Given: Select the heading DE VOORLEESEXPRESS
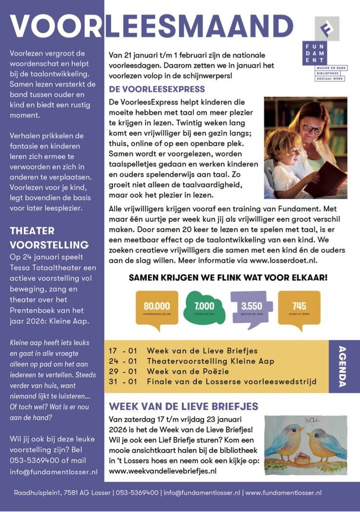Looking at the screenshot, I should coord(157,90).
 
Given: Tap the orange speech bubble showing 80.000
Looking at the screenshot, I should coord(157,307).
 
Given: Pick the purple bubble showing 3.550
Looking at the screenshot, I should coord(251,307).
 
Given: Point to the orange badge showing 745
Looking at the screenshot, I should coord(299,307).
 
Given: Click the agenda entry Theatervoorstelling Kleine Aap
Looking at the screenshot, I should coord(210,361).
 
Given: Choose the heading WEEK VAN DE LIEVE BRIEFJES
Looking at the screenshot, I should coord(183,406).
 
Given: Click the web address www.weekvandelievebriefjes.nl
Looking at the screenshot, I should coord(163,471).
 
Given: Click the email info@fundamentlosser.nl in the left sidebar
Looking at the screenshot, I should coord(54,472).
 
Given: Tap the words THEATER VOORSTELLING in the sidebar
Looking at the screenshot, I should coord(49,237).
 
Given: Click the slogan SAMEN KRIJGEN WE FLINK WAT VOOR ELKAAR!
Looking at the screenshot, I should coord(228,278).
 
